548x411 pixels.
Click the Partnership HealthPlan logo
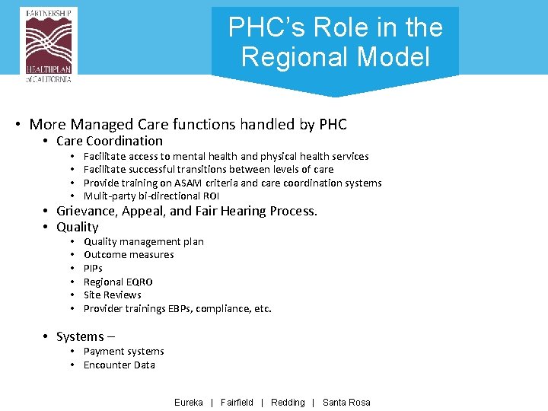click(49, 44)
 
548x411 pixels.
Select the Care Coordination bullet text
click(109, 141)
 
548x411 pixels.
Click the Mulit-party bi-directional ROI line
click(151, 196)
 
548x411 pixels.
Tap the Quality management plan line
click(143, 241)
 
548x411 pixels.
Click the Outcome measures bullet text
click(129, 255)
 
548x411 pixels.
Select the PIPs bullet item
click(93, 268)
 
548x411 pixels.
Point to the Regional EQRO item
click(118, 282)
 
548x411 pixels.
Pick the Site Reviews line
click(112, 295)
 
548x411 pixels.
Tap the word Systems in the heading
click(80, 336)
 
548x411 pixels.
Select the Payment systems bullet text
click(123, 352)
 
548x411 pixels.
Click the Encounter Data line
click(119, 365)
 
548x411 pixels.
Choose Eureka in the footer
click(189, 403)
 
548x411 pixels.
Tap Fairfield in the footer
click(237, 403)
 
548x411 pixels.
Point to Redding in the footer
click(288, 403)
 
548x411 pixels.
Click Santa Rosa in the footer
click(346, 403)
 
